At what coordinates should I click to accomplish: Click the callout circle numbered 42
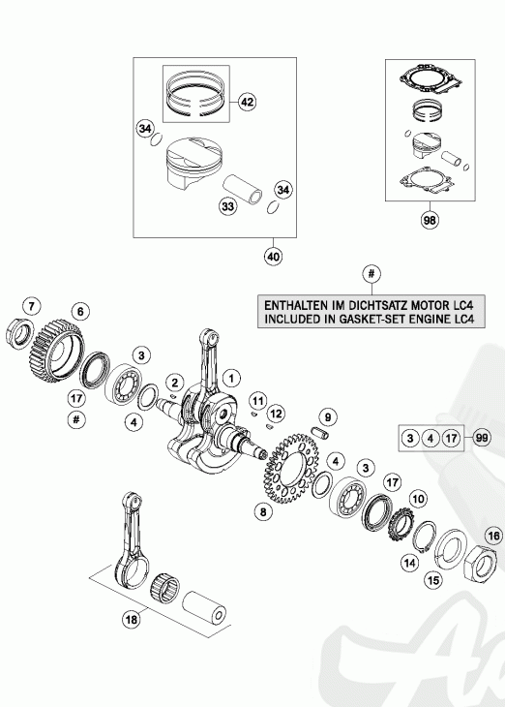coord(247,102)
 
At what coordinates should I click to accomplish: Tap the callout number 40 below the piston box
coord(273,256)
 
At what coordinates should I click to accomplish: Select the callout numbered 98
coord(430,220)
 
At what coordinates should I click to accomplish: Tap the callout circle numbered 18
coord(132,620)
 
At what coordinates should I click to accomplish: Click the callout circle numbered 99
coord(482,438)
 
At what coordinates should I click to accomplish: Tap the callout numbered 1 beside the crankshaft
coord(231,378)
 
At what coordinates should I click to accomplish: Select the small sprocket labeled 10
coord(400,527)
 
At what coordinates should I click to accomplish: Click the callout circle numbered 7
coord(31,307)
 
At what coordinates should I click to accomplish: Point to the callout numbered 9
coord(328,417)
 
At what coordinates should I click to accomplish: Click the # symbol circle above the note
coord(371,274)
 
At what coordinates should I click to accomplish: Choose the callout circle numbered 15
coord(433,579)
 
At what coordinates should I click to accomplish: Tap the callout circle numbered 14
coord(410,563)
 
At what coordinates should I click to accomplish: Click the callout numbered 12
coord(276,413)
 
